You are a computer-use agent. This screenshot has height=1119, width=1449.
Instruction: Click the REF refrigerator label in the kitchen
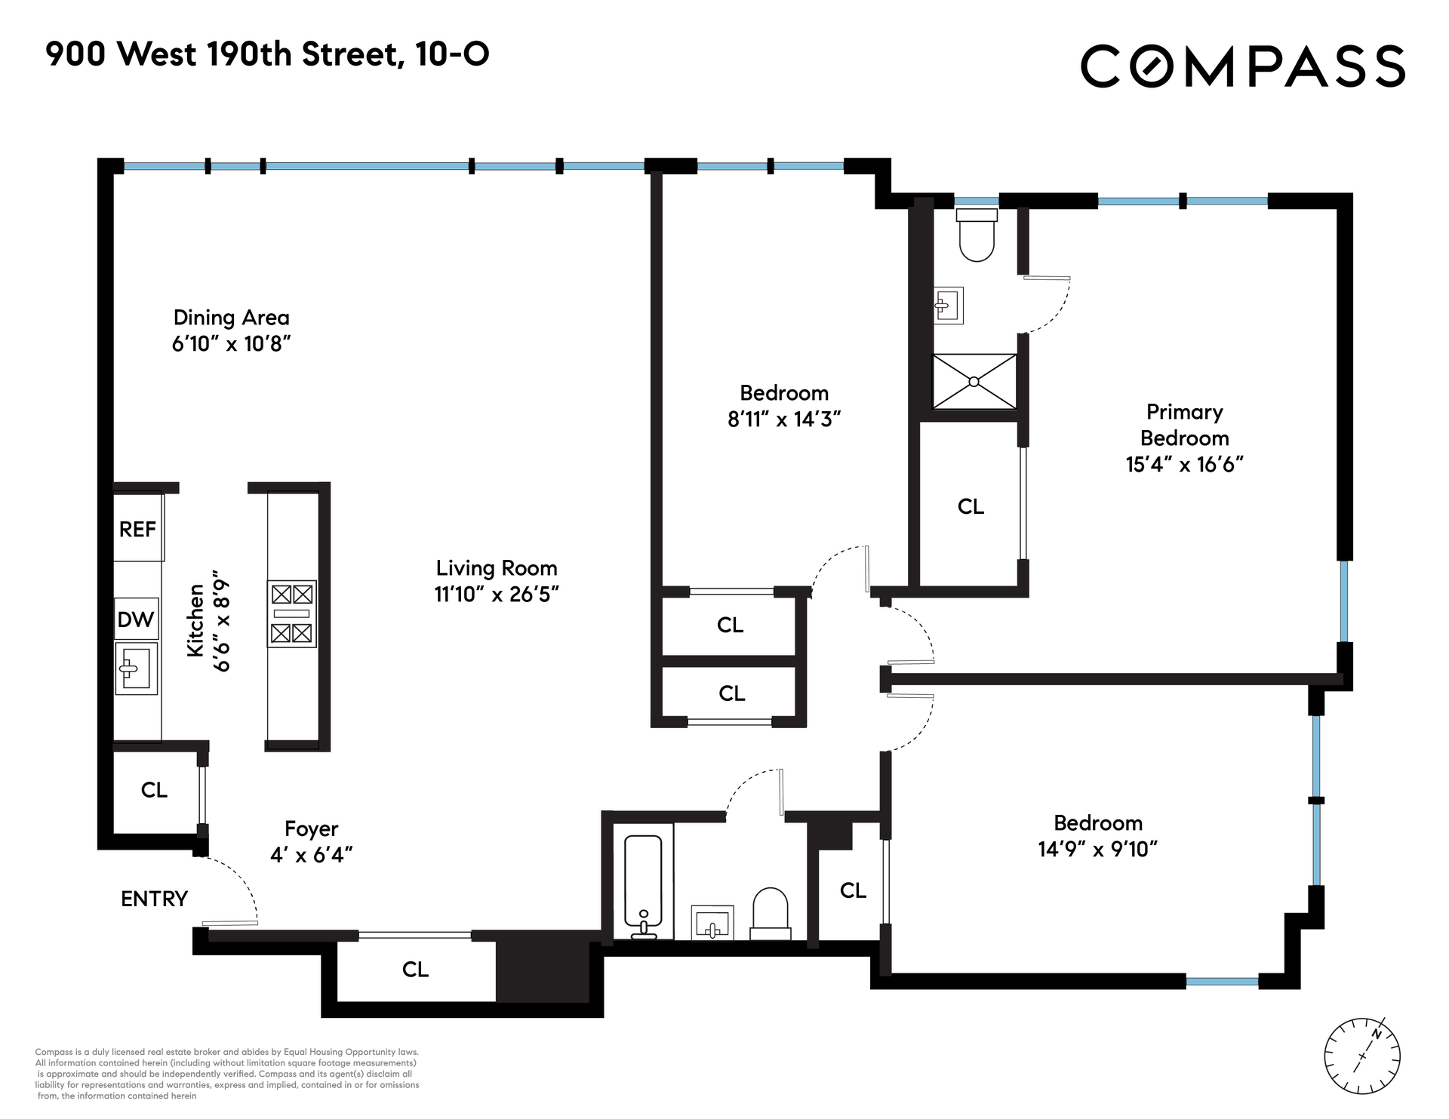click(x=137, y=530)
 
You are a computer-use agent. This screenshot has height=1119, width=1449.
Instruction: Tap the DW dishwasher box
click(x=136, y=619)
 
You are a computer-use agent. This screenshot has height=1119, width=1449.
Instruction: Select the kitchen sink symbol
click(x=137, y=669)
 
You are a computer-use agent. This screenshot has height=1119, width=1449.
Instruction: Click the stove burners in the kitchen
click(x=291, y=613)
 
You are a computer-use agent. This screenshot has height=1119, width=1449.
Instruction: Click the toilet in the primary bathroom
click(x=977, y=235)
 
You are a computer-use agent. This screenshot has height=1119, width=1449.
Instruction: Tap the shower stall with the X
click(x=974, y=382)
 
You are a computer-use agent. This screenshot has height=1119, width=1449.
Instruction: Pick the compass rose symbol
click(x=1362, y=1056)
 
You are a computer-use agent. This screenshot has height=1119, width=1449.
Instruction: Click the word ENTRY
click(x=154, y=899)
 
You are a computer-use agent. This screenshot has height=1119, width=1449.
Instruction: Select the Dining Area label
click(x=232, y=318)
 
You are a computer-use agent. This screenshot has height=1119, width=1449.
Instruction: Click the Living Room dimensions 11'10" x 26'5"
click(x=497, y=595)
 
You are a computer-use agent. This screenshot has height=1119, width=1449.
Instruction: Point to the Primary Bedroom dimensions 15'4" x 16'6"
click(x=1184, y=464)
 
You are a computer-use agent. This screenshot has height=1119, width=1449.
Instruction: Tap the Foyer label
click(x=312, y=829)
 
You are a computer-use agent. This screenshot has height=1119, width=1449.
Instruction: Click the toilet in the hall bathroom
click(x=770, y=914)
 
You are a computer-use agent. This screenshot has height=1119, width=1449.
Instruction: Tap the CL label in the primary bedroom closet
click(x=971, y=506)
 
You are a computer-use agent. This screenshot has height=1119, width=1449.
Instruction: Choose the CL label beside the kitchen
click(x=154, y=790)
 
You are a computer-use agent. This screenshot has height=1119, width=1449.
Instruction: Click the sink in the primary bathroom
click(x=948, y=306)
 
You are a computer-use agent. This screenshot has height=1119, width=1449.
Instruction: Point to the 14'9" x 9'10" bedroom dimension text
click(x=1098, y=850)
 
